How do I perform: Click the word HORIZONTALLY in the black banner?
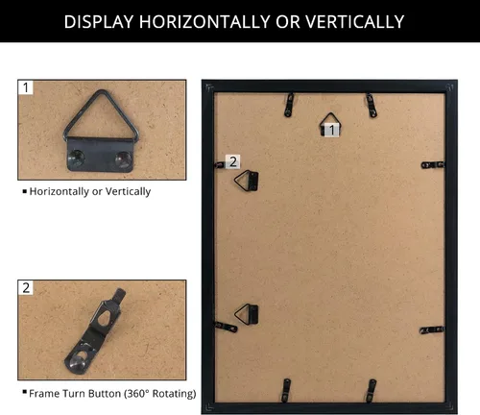click(204, 22)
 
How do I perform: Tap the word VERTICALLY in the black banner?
click(354, 22)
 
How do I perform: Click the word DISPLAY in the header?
click(99, 22)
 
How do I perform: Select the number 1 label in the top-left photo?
click(26, 87)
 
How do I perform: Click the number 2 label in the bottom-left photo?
click(26, 287)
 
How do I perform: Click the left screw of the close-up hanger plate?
click(77, 158)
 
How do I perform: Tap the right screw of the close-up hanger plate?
click(123, 159)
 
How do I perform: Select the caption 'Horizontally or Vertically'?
click(90, 191)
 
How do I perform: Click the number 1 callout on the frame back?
click(332, 130)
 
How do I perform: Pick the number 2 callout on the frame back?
click(233, 161)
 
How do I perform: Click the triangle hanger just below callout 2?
click(246, 181)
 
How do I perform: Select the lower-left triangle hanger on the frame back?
click(247, 314)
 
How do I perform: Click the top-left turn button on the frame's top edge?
click(289, 105)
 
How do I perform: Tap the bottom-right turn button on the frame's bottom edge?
click(372, 390)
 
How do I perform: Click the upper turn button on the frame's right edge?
click(433, 165)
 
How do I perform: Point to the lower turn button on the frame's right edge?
click(432, 330)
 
